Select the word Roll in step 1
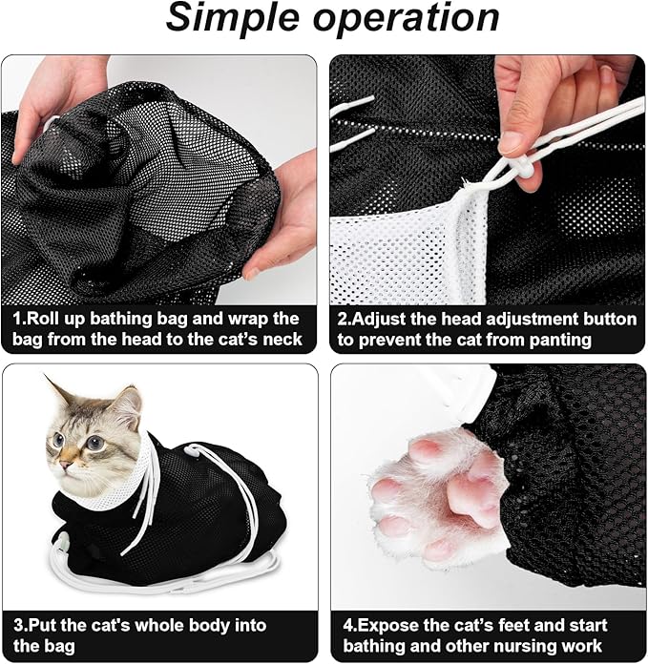[48, 318]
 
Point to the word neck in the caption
[281, 339]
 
